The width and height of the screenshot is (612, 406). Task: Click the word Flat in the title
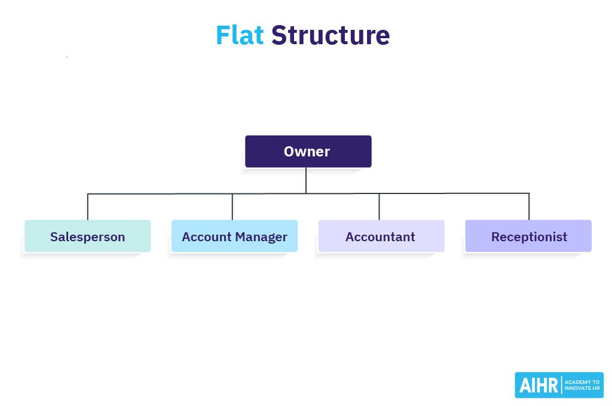click(x=240, y=35)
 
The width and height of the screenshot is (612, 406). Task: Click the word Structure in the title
click(x=331, y=35)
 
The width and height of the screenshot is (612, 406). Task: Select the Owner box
click(x=308, y=151)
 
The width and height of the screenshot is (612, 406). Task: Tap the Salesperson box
click(x=87, y=236)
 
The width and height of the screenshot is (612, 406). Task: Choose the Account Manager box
click(x=234, y=236)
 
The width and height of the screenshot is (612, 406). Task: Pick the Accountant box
click(x=381, y=236)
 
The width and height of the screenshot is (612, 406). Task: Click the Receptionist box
click(x=528, y=236)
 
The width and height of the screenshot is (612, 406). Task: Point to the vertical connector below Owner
click(x=306, y=180)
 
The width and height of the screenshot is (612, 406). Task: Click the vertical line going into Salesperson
click(x=88, y=207)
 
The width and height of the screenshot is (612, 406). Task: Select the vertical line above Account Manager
click(x=232, y=207)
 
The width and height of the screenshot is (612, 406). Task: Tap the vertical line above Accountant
click(x=379, y=207)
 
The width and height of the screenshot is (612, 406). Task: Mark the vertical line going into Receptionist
click(x=529, y=207)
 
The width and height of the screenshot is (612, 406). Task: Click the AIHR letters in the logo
click(x=538, y=386)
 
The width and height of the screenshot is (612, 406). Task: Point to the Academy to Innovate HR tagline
click(x=582, y=385)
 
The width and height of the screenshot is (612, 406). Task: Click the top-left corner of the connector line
click(x=88, y=194)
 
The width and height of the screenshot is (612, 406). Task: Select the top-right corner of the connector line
click(x=529, y=193)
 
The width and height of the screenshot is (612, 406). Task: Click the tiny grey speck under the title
click(x=66, y=57)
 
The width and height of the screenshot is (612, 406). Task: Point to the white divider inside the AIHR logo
click(x=561, y=385)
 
